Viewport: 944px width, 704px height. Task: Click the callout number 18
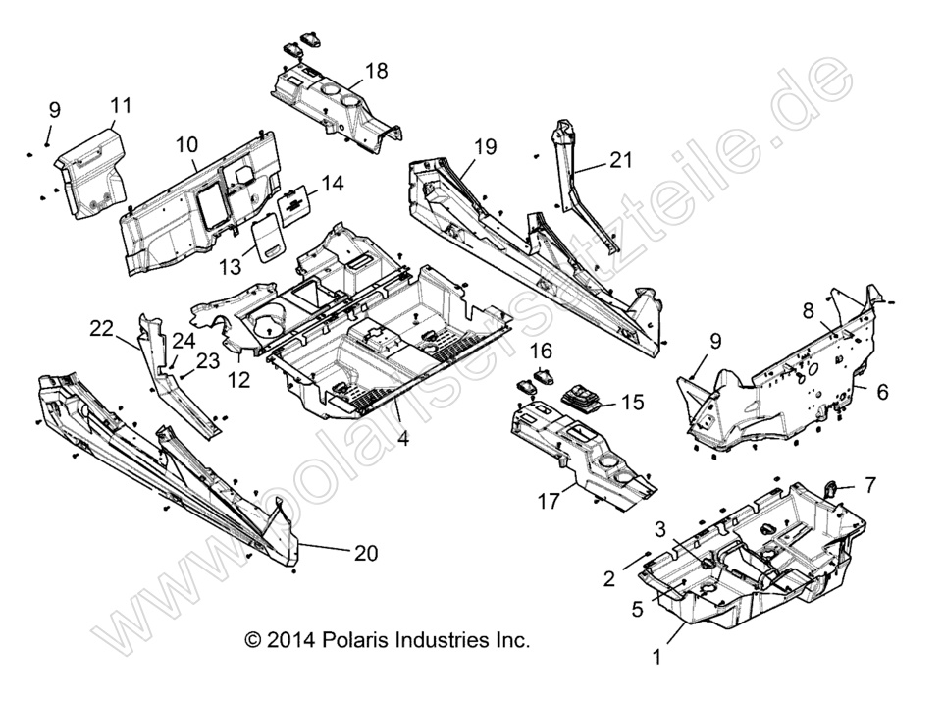pyautogui.click(x=376, y=71)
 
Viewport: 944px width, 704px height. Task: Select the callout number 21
pyautogui.click(x=621, y=159)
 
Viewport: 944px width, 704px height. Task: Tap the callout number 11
pyautogui.click(x=121, y=105)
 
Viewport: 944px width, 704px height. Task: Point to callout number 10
pyautogui.click(x=187, y=144)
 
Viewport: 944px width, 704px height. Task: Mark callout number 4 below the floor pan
pyautogui.click(x=403, y=439)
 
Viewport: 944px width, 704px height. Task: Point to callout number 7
pyautogui.click(x=869, y=484)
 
